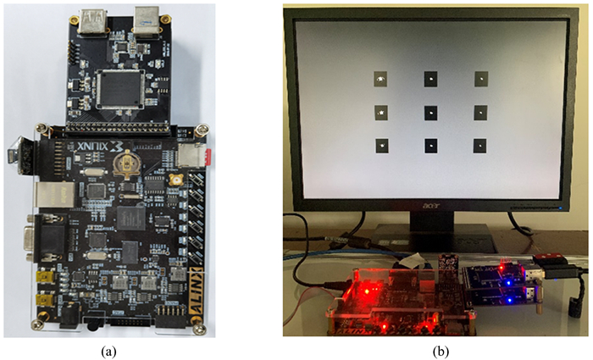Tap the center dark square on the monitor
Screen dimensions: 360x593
tap(431, 112)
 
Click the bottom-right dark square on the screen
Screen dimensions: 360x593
tap(480, 146)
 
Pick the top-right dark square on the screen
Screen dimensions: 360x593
tap(480, 80)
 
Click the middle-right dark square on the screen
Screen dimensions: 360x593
tap(480, 112)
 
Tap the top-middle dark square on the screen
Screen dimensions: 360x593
tap(431, 79)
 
